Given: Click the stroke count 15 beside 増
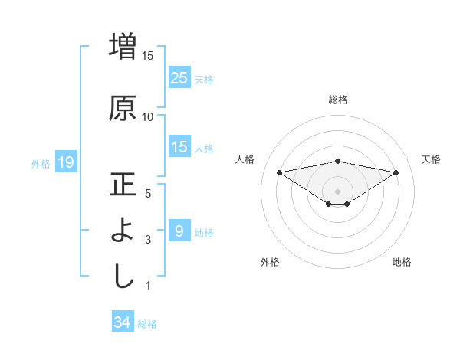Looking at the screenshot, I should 148,55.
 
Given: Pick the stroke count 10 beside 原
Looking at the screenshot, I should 148,116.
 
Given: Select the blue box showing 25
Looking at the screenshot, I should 179,78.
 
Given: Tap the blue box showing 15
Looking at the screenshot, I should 179,147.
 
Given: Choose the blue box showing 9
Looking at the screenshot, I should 179,231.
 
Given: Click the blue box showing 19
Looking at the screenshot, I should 65,162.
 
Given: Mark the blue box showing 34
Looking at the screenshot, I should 123,322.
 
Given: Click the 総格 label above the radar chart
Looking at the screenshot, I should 338,100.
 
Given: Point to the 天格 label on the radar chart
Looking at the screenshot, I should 432,159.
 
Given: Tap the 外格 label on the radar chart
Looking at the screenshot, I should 270,262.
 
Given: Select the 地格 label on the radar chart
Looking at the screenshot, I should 402,262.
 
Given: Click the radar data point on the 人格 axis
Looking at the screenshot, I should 279,172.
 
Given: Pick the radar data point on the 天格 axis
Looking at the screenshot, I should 396,172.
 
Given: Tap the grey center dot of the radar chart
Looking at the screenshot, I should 337,191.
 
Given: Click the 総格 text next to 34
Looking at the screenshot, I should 147,324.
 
